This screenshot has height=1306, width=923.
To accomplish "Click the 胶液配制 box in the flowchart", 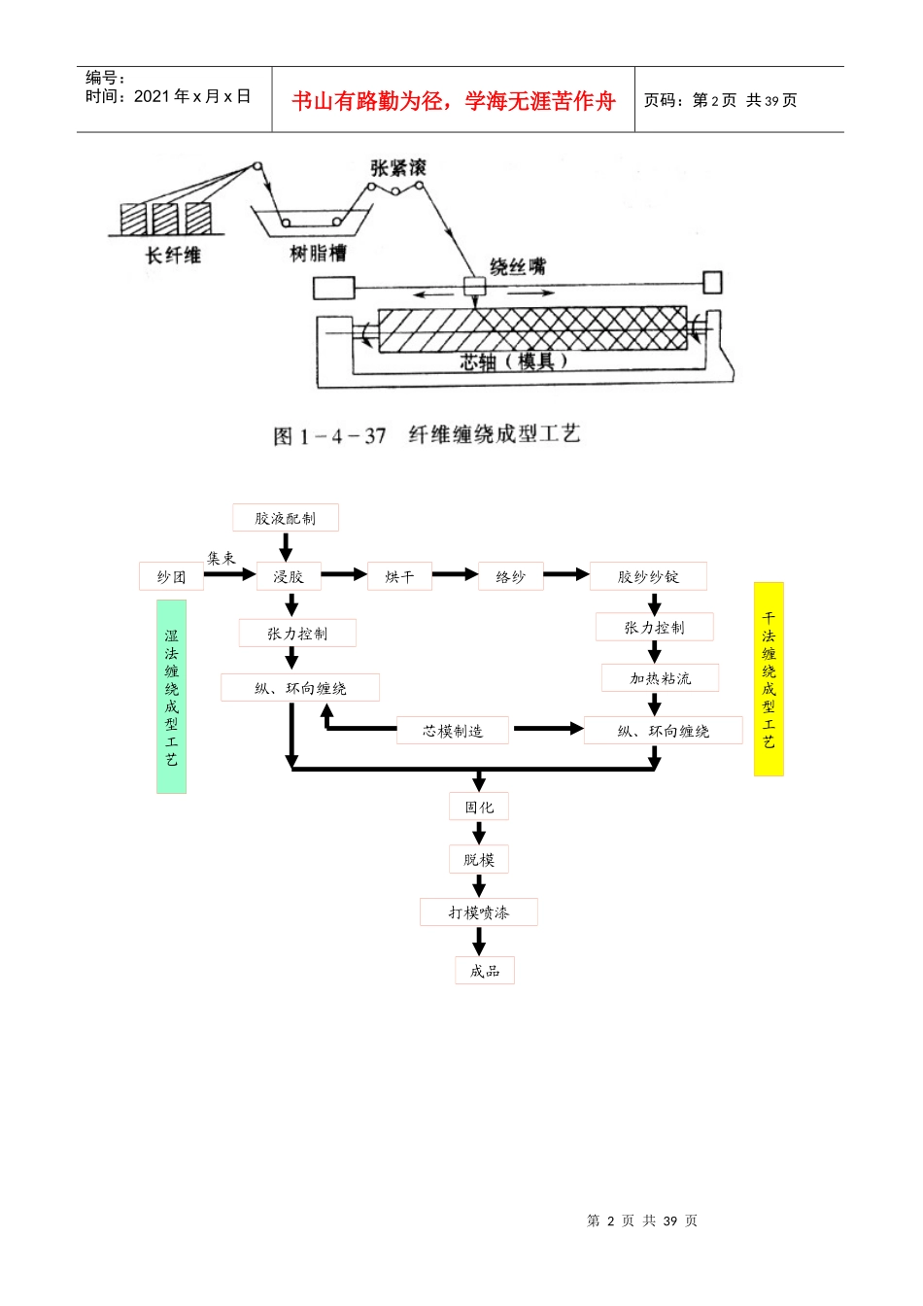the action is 285,518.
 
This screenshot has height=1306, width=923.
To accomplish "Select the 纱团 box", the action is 171,576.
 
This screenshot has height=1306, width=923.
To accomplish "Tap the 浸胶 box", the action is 289,576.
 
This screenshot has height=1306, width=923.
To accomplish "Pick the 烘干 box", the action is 399,576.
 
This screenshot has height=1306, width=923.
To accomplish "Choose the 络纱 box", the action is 511,576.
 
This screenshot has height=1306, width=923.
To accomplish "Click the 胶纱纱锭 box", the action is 648,576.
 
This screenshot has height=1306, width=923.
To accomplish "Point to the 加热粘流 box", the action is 660,678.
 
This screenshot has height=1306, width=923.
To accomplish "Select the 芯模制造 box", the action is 453,731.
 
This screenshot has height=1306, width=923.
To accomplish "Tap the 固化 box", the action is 479,807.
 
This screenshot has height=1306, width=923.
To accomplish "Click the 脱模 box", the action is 479,859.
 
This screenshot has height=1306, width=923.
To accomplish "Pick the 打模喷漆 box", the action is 479,912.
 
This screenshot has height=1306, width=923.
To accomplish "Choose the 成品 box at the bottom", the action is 485,971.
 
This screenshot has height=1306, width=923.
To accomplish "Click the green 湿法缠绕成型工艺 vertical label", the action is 171,697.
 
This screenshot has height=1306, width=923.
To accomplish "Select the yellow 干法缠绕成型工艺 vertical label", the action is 769,679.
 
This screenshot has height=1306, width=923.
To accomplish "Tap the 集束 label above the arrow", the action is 221,558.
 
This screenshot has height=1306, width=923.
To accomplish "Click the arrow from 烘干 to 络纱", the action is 456,574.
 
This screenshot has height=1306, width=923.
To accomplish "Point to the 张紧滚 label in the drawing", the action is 398,168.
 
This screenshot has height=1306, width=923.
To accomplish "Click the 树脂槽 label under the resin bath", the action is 319,254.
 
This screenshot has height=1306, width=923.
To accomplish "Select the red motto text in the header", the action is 454,101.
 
